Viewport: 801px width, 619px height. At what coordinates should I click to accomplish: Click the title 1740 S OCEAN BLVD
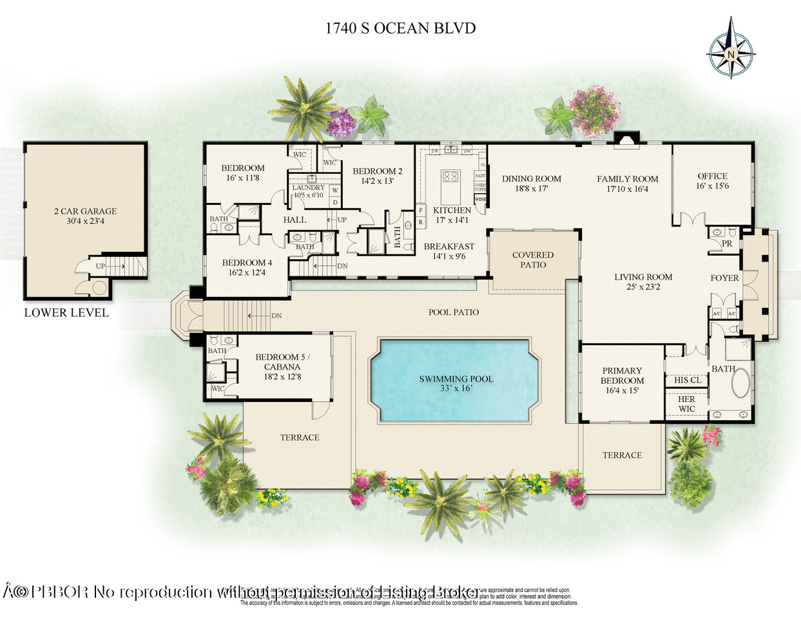point(400,28)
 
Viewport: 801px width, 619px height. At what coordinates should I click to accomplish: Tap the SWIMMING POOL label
point(456,379)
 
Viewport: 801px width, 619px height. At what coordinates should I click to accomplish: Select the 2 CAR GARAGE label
point(85,211)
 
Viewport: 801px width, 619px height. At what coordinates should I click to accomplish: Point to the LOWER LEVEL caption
point(66,312)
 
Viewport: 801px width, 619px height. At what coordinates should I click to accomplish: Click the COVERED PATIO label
point(533,260)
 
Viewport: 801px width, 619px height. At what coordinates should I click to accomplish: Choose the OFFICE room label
point(712,176)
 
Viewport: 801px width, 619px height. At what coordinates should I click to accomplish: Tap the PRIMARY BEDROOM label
point(622,376)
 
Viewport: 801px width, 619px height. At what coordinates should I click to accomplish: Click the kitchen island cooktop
point(450,176)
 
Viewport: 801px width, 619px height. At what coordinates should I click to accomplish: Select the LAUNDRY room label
point(308,187)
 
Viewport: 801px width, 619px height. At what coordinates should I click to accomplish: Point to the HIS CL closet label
point(687,380)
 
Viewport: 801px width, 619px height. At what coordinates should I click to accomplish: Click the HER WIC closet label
point(686,404)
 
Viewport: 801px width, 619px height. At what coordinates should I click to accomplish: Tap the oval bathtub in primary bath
point(740,384)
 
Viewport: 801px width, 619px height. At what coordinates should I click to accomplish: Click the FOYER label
point(724,278)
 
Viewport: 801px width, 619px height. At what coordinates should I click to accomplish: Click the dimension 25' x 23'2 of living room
point(643,287)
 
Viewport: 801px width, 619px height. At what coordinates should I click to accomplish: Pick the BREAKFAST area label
point(449,246)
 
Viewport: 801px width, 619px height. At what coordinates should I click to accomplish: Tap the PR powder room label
point(727,243)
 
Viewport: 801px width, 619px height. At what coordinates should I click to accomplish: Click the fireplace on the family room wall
point(625,140)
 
